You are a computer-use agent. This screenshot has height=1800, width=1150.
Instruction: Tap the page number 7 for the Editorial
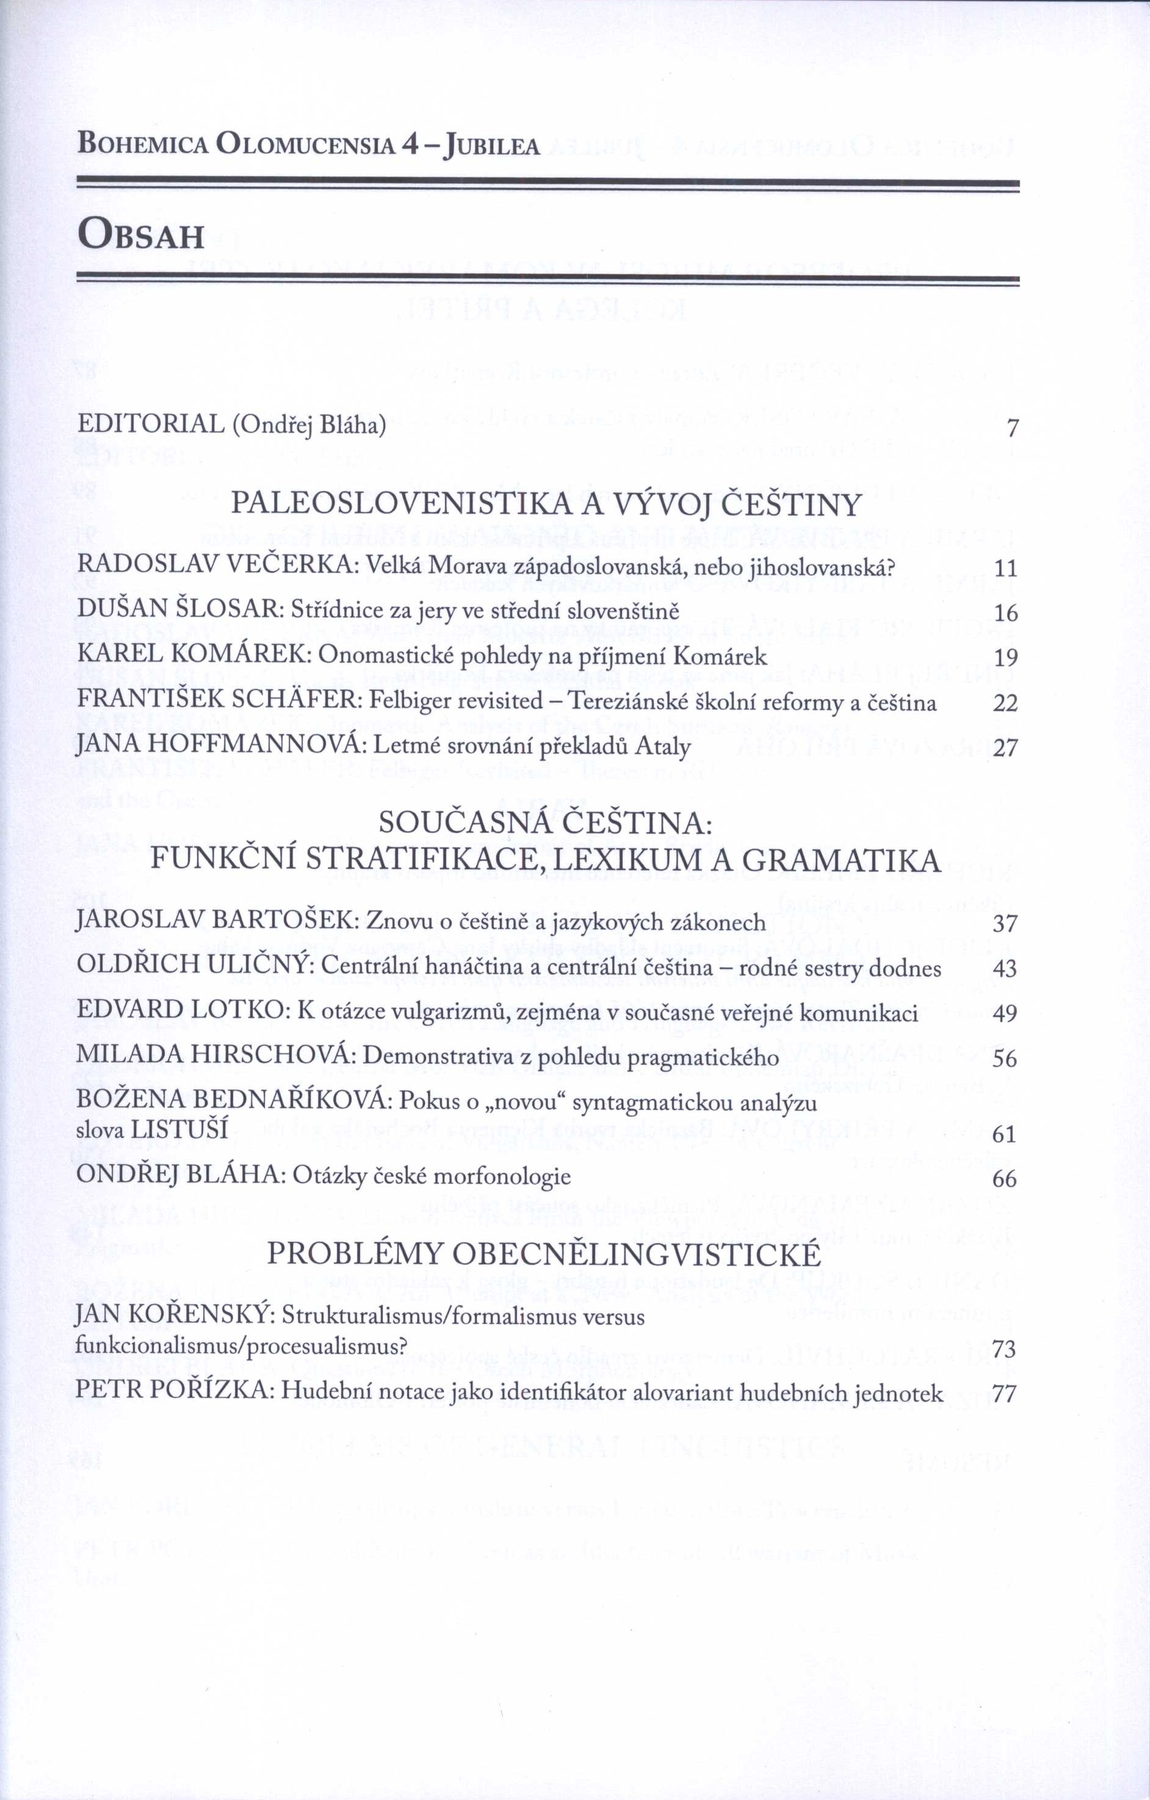pyautogui.click(x=1013, y=429)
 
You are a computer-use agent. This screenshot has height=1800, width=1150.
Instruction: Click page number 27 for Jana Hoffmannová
pyautogui.click(x=1005, y=747)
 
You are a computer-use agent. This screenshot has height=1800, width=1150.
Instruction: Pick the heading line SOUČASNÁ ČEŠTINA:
pyautogui.click(x=546, y=824)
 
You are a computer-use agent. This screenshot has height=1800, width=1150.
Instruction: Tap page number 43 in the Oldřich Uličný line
pyautogui.click(x=1005, y=969)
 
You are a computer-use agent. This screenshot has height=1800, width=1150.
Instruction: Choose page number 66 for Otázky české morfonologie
pyautogui.click(x=1005, y=1179)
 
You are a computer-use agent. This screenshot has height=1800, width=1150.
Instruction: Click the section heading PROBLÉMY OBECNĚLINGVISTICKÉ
pyautogui.click(x=544, y=1253)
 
